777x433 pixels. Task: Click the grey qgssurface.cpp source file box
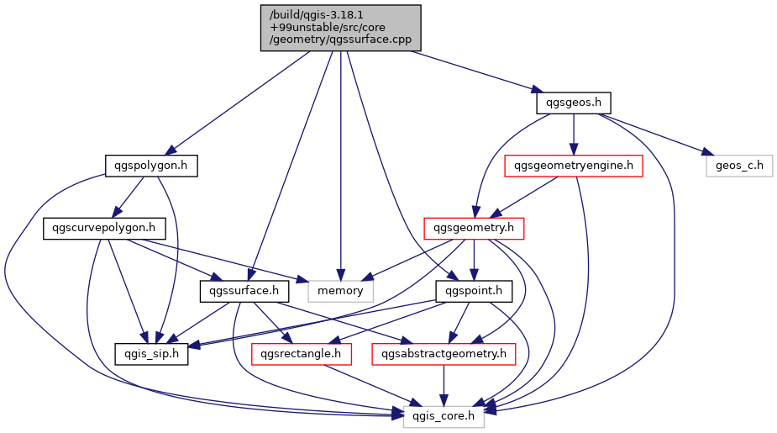point(341,28)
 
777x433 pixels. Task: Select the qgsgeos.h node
point(574,103)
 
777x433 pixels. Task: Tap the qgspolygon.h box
point(151,166)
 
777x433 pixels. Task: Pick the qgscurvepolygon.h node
point(104,228)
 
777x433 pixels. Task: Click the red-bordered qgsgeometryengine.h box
point(574,166)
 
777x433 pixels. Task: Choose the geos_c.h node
point(739,166)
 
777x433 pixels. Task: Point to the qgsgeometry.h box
point(474,228)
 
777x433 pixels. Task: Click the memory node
point(340,291)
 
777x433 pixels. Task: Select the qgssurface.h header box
point(244,291)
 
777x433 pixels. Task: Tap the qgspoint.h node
point(474,291)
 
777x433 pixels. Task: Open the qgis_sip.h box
point(151,354)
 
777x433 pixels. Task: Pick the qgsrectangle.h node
point(302,354)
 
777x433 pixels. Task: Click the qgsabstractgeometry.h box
point(444,354)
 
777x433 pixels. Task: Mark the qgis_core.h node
point(444,417)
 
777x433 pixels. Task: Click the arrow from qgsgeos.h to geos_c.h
point(654,134)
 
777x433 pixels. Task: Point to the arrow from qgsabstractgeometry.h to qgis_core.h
point(444,385)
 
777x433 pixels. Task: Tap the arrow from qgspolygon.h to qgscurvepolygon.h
point(129,197)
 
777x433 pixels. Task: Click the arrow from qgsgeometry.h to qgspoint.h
point(474,260)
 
